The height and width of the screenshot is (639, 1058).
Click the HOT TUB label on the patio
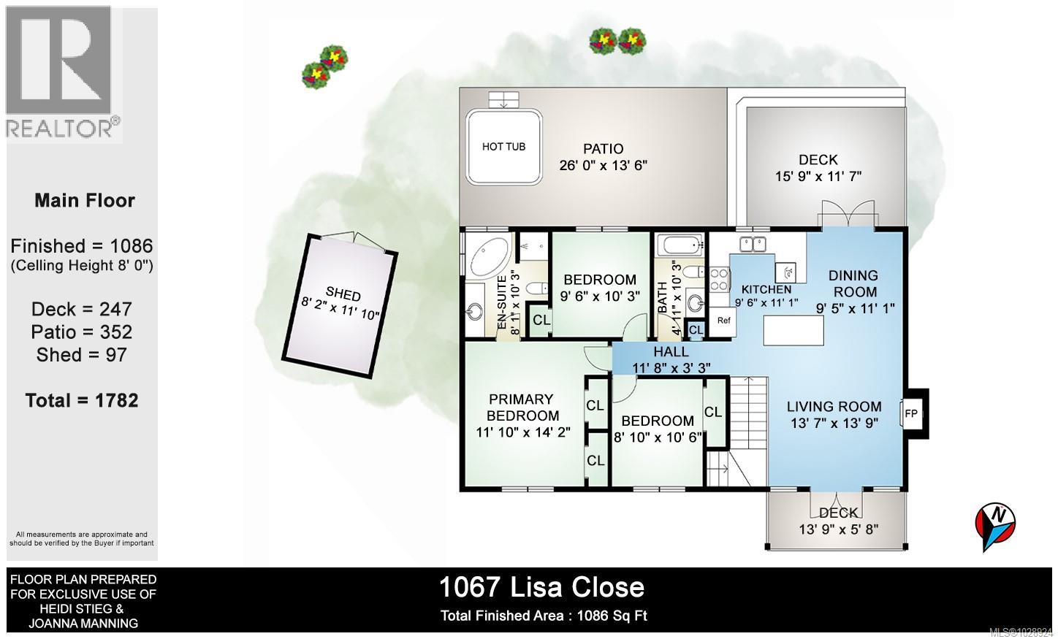pos(503,147)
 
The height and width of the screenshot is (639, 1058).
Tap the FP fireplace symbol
pos(911,413)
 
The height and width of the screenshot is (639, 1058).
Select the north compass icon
pos(995,521)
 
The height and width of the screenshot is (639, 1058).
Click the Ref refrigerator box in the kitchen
pos(723,321)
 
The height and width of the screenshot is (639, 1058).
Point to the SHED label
pos(343,294)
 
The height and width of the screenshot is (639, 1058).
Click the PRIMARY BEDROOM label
pos(521,407)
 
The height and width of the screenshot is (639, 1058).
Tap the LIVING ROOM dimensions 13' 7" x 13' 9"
pos(834,423)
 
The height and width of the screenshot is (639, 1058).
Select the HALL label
pos(671,352)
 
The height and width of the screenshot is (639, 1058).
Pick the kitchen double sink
pos(753,244)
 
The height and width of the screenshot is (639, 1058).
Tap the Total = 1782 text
pos(82,400)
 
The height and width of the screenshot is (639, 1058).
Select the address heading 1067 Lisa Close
pos(541,587)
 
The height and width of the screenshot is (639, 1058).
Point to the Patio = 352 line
pos(82,332)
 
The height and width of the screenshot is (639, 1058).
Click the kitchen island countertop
pos(793,331)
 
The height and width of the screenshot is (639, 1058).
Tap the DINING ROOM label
pos(853,283)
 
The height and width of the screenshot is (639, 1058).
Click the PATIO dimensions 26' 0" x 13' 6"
pos(604,166)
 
